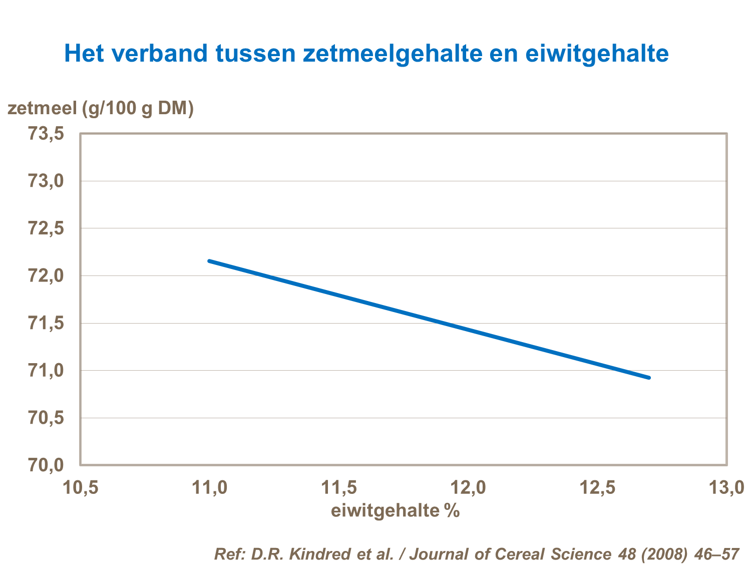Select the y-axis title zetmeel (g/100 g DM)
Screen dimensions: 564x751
pos(101,108)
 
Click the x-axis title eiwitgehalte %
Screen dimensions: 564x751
pos(395,510)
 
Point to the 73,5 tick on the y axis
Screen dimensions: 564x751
pos(46,134)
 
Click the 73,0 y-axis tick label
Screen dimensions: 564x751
pos(46,181)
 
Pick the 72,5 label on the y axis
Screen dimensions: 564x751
pos(46,228)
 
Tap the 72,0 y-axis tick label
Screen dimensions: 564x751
pos(46,275)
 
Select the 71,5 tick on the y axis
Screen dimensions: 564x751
pos(46,323)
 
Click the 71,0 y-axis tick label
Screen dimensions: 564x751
pos(46,371)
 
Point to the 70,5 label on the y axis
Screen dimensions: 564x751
pos(46,418)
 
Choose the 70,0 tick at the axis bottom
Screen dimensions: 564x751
pos(46,465)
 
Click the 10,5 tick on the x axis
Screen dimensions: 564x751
pos(80,487)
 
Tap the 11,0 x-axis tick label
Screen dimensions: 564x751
pos(210,487)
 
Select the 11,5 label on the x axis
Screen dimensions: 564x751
pos(339,487)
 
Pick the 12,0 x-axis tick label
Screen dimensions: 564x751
pos(468,487)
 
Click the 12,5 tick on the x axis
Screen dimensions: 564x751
pos(597,487)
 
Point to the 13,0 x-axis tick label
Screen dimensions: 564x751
pos(726,487)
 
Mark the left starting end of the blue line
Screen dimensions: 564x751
pos(209,261)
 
